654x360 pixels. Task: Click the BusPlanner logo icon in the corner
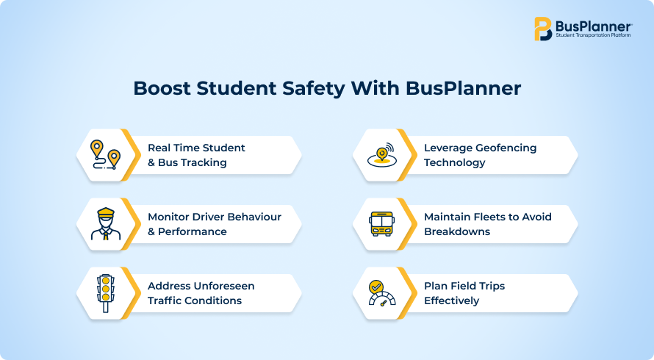[543, 29]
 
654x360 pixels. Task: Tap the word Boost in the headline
[162, 88]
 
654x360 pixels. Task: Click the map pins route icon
[106, 155]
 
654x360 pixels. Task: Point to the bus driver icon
[106, 224]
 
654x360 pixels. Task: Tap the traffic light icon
[106, 293]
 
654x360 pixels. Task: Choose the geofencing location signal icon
[381, 155]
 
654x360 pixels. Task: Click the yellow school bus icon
[381, 224]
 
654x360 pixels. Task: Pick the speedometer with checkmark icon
[381, 293]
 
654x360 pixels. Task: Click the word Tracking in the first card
[204, 162]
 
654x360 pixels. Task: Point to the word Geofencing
[506, 148]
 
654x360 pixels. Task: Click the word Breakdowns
[457, 231]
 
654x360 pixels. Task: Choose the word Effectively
[452, 300]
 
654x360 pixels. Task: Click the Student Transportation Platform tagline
[593, 35]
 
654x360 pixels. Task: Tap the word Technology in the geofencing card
[455, 162]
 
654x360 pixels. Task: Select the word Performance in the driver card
[193, 231]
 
